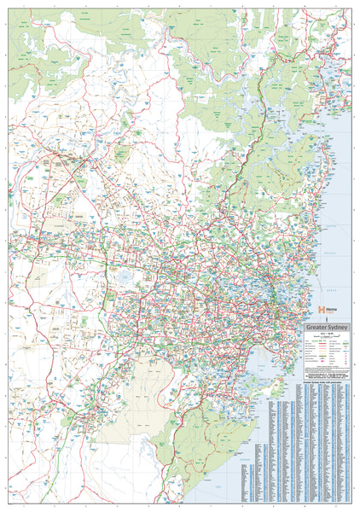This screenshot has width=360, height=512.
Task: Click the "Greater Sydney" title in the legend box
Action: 323,324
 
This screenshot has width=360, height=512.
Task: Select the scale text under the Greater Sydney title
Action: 323,332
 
